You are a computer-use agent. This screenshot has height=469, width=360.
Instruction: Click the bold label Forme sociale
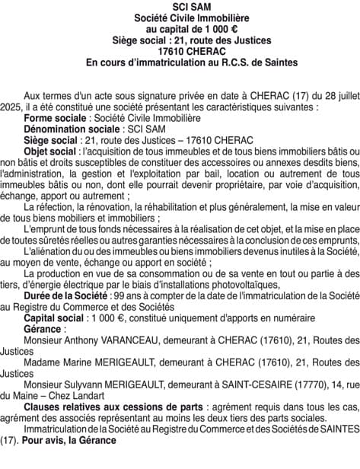pos(56,120)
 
